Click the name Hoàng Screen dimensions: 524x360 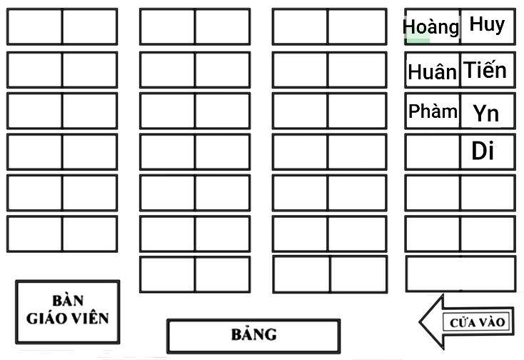(431, 26)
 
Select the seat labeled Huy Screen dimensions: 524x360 (488, 26)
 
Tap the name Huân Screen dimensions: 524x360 (432, 71)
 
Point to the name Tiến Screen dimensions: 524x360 (485, 69)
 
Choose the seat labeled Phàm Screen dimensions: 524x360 (433, 111)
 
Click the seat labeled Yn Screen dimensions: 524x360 (488, 111)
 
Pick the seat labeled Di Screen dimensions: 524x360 (488, 152)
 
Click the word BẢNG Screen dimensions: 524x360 (254, 334)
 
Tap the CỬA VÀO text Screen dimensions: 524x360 (477, 323)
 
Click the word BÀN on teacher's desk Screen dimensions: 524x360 (68, 301)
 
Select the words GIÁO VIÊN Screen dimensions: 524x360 (68, 319)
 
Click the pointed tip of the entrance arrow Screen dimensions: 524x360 (420, 322)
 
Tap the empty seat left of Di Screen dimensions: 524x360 (433, 152)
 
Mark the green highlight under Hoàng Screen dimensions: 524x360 (417, 40)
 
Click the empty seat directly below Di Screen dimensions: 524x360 (488, 193)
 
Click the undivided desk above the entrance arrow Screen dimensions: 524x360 (461, 274)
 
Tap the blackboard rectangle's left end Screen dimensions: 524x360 (168, 336)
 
